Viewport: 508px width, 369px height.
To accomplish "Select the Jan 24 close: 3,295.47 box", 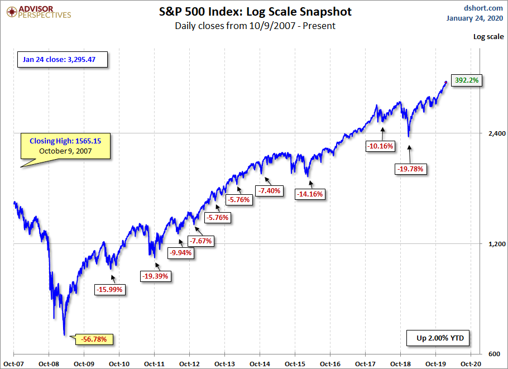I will (63, 59).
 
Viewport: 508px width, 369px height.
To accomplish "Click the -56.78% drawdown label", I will (97, 339).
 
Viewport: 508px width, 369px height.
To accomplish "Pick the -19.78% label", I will (410, 169).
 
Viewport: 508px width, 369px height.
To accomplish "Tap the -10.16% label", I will (381, 146).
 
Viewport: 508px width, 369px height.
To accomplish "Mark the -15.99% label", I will (110, 289).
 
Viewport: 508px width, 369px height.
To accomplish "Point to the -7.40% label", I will (270, 191).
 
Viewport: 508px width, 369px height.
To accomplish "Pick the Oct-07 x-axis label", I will (12, 363).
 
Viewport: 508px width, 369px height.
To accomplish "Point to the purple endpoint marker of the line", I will (445, 83).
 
